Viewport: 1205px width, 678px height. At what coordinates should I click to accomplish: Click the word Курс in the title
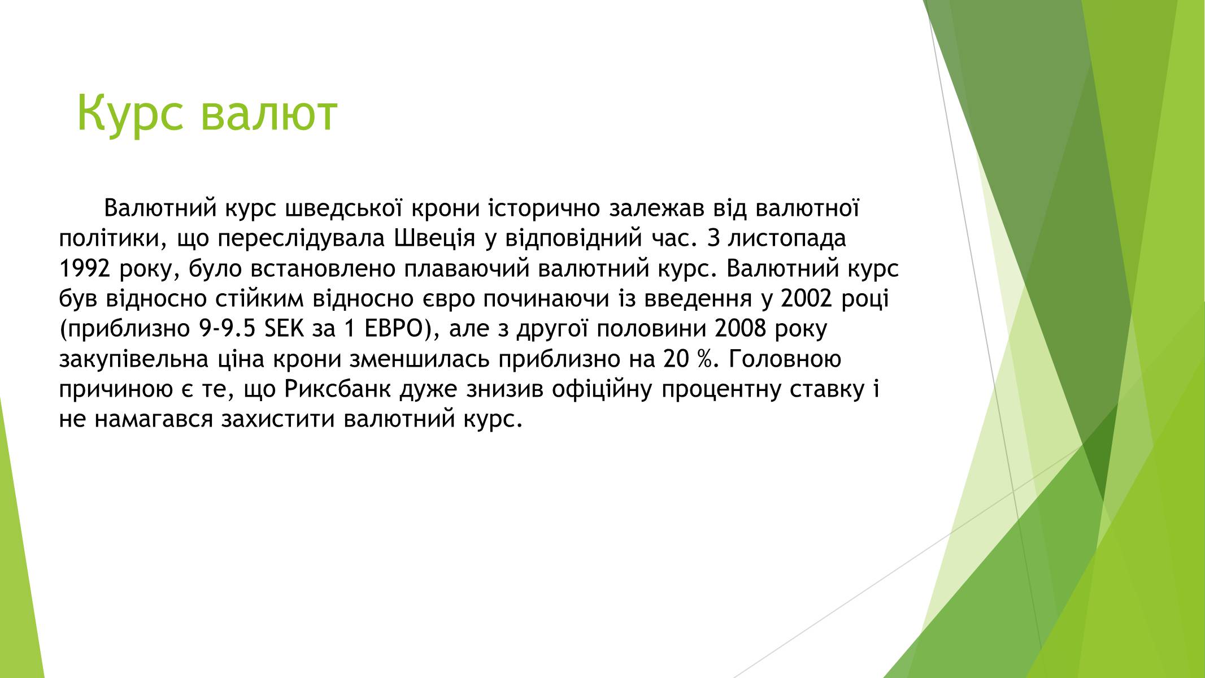click(130, 113)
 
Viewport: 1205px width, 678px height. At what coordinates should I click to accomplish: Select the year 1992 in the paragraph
click(84, 269)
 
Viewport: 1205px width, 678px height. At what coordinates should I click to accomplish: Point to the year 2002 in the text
click(807, 299)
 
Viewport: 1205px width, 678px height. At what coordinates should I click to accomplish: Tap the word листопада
click(787, 238)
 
